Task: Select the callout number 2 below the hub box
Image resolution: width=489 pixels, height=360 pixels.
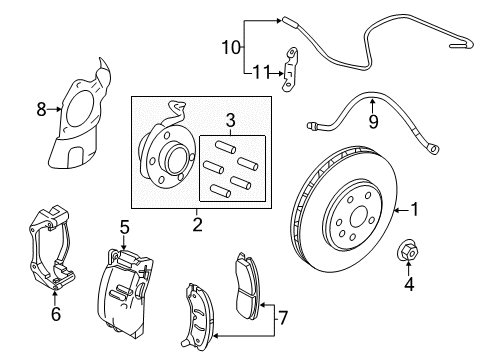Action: [197, 225]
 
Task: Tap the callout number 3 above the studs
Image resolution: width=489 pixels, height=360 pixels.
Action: [232, 122]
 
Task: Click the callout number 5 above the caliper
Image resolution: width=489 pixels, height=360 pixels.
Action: [124, 227]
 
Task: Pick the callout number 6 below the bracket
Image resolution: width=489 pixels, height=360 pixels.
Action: [55, 312]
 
